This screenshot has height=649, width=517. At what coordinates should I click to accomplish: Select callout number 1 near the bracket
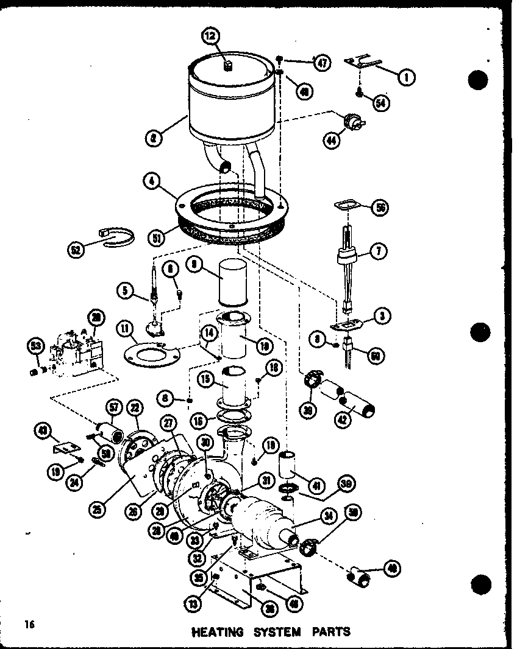[407, 77]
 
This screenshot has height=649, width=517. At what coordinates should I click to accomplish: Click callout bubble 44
[332, 141]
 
